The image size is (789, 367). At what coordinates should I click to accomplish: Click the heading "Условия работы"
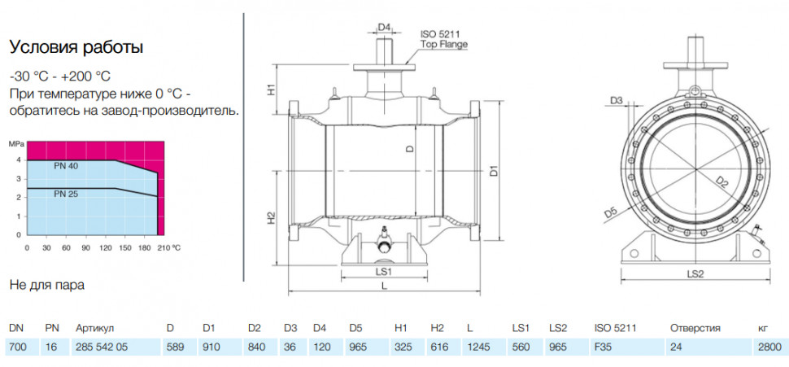(76, 47)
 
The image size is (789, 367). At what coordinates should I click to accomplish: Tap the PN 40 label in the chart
(66, 166)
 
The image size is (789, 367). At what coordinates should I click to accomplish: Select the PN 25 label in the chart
(66, 193)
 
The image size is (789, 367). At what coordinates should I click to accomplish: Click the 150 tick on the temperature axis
(125, 247)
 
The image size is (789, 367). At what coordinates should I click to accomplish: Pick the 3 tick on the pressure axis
(19, 179)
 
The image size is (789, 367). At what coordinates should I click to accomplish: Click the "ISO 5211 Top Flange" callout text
(444, 39)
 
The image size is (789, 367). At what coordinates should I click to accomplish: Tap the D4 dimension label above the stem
(385, 27)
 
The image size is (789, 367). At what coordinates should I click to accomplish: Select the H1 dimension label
(271, 90)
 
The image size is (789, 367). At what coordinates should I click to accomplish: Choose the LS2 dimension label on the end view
(695, 274)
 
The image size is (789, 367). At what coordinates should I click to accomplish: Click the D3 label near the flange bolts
(617, 101)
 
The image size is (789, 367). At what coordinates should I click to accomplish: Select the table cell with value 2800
(769, 347)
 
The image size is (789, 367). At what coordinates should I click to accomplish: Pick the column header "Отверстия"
(695, 328)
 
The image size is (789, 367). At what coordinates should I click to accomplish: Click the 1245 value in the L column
(478, 347)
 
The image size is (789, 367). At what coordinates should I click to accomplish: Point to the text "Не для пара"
(47, 286)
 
